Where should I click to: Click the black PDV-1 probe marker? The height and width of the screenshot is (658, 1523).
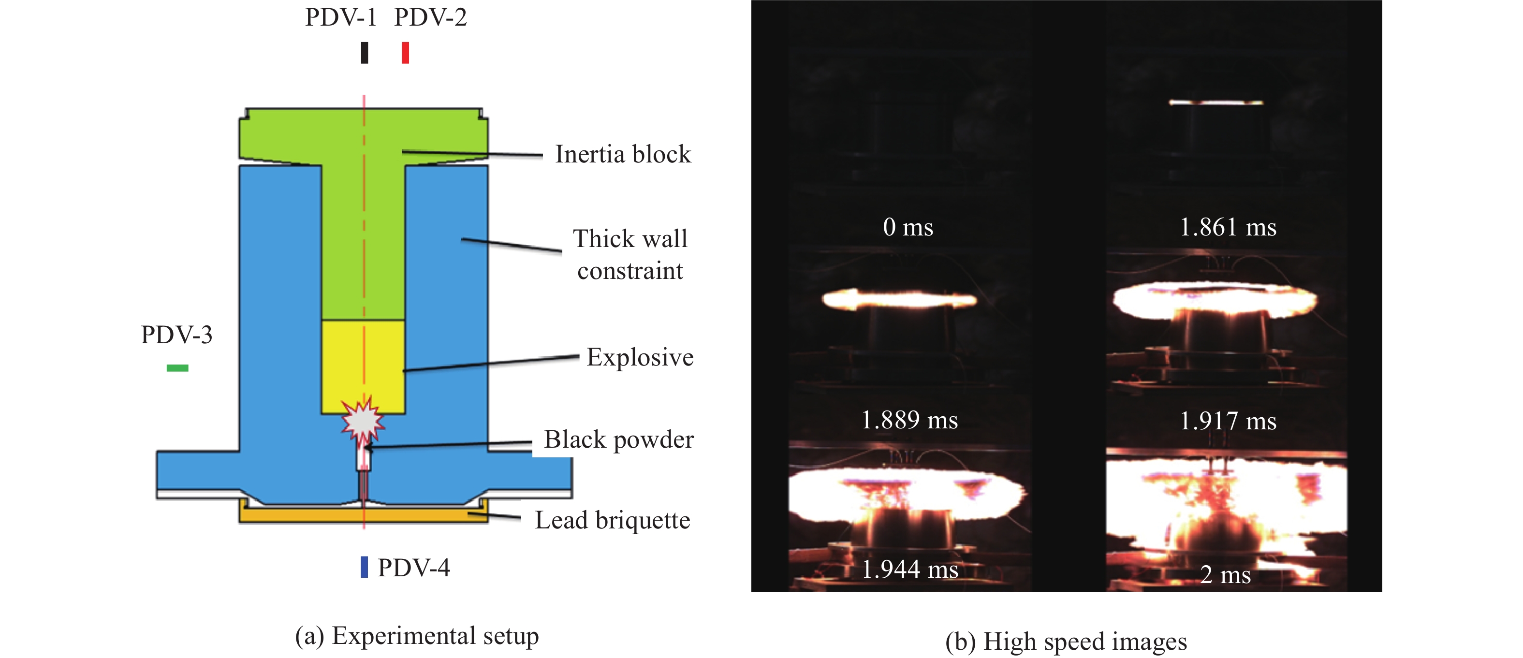pos(365,53)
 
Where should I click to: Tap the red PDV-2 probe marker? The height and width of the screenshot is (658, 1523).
pos(405,53)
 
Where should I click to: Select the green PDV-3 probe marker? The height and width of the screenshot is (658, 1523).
pos(177,368)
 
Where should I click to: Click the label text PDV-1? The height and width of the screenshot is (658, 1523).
pos(340,17)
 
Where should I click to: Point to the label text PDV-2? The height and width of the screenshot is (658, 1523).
pos(430,17)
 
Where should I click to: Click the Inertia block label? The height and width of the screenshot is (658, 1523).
pos(623,154)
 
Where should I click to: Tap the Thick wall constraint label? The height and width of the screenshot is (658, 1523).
pos(630,254)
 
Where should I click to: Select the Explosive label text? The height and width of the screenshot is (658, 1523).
pos(640,357)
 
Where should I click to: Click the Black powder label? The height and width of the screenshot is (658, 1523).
pos(618,439)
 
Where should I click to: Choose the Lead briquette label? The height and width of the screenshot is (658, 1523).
pos(613,520)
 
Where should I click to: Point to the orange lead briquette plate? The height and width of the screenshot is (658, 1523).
pos(363,515)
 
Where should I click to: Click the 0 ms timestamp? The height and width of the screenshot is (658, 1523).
pos(908,227)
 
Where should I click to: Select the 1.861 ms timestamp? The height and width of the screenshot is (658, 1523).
pos(1228,227)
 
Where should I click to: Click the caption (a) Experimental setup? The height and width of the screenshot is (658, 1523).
pos(417,636)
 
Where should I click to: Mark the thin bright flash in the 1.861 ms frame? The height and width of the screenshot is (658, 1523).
pos(1215,102)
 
